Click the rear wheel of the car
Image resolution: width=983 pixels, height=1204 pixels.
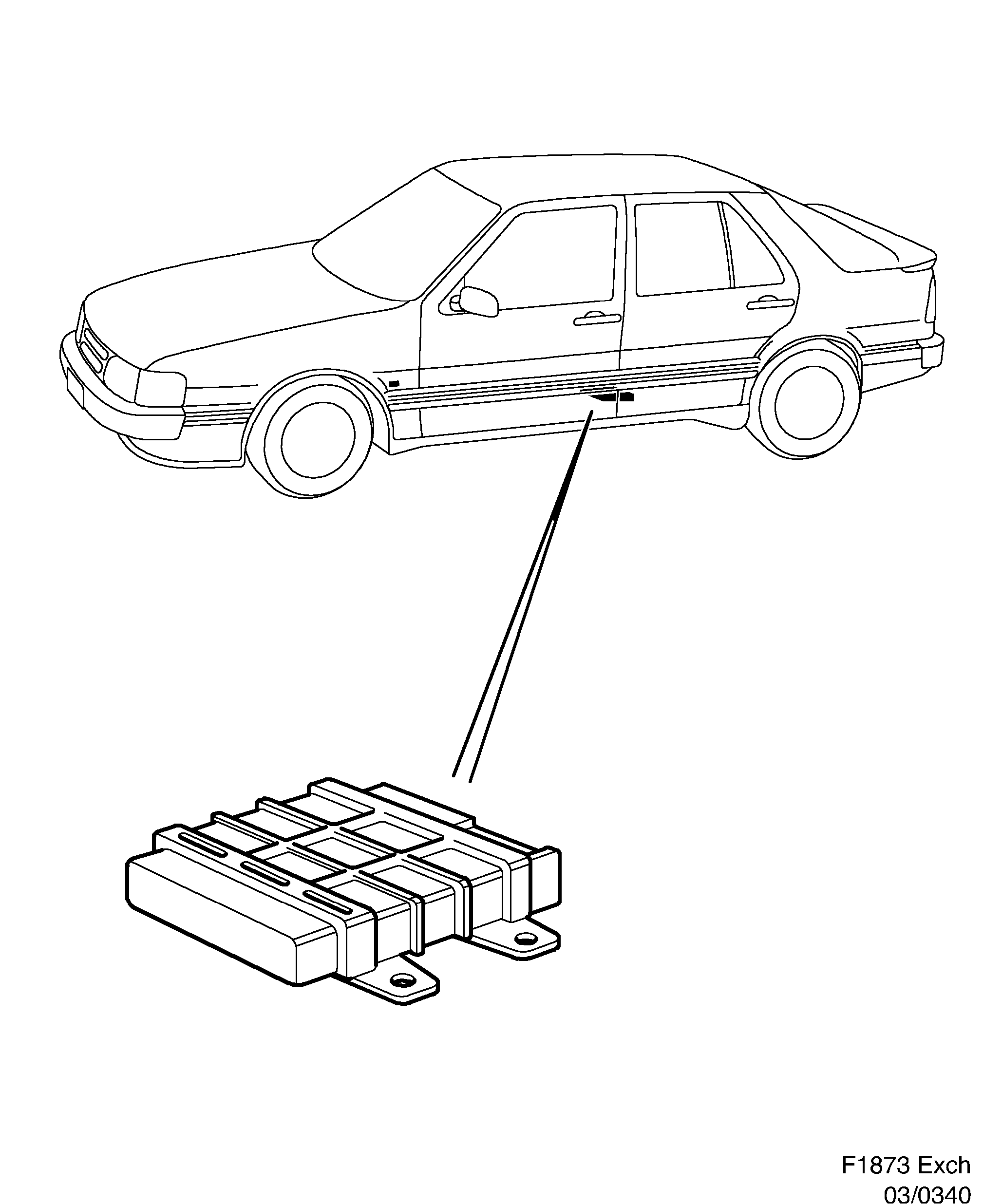coord(809,402)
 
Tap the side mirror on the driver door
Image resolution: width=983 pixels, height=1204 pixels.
coord(478,301)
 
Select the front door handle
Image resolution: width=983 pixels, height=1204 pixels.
coord(597,320)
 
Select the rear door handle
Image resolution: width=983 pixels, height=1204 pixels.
coord(770,304)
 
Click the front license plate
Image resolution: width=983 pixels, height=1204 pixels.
coord(76,388)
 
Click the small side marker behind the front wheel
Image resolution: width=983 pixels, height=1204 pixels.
coord(394,384)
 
